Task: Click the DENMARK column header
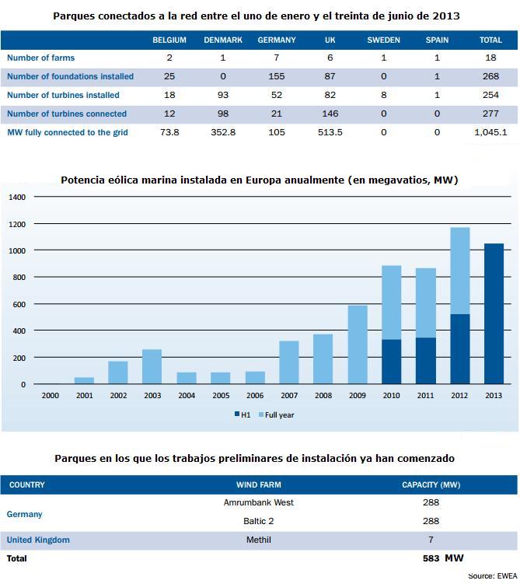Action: pyautogui.click(x=223, y=40)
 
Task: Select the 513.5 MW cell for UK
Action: pyautogui.click(x=330, y=132)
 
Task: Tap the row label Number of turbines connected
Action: pyautogui.click(x=67, y=114)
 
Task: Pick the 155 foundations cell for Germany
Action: pyautogui.click(x=277, y=76)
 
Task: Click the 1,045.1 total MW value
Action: pyautogui.click(x=490, y=132)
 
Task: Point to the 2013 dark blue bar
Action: pyautogui.click(x=494, y=313)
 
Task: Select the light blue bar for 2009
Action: pyautogui.click(x=358, y=344)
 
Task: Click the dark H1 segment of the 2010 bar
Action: pyautogui.click(x=392, y=362)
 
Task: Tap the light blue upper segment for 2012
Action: pyautogui.click(x=459, y=271)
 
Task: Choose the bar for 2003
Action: pyautogui.click(x=152, y=366)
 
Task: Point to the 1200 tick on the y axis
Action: pyautogui.click(x=17, y=224)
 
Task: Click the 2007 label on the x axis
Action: pyautogui.click(x=289, y=396)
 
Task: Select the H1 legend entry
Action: pyautogui.click(x=243, y=415)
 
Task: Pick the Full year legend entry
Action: pyautogui.click(x=276, y=415)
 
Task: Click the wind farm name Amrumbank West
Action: pyautogui.click(x=258, y=502)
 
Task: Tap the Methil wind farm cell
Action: pyautogui.click(x=258, y=540)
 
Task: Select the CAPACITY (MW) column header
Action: pyautogui.click(x=431, y=484)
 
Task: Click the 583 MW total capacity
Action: pyautogui.click(x=443, y=558)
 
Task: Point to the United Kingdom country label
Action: pyautogui.click(x=38, y=540)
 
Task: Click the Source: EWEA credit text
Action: pyautogui.click(x=493, y=575)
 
